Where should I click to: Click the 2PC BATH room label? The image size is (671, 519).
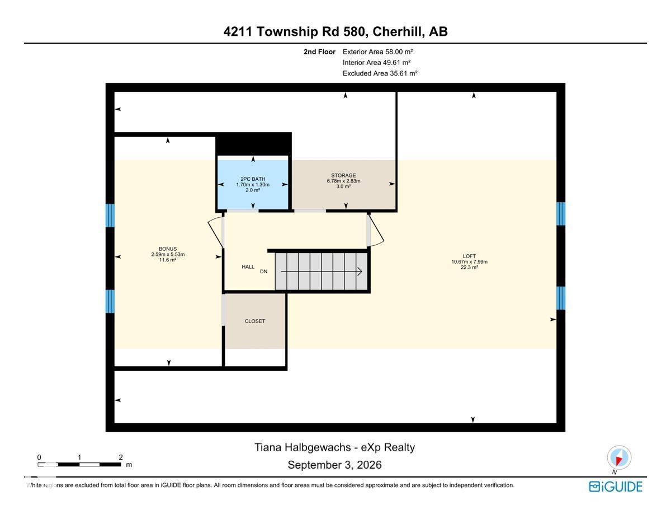253,179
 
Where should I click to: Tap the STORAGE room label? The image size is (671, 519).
343,175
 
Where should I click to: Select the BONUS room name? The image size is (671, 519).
168,249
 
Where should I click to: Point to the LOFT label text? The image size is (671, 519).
469,256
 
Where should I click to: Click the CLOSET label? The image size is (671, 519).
255,321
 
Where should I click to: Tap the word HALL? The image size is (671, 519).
248,266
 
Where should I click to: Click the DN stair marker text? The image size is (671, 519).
263,272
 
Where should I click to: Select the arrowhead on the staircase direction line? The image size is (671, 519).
360,272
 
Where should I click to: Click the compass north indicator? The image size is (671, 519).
619,458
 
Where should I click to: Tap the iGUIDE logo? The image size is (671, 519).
616,487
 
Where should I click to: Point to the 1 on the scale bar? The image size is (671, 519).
79,457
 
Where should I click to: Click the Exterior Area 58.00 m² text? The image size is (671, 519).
377,52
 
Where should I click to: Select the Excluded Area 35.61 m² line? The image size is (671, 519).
380,73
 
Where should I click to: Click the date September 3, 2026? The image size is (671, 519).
334,465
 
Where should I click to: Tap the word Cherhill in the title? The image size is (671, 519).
398,31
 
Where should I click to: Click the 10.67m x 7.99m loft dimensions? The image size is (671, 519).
469,262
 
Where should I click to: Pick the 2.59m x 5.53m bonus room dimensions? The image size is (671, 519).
168,254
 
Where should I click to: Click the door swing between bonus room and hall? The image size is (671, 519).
215,232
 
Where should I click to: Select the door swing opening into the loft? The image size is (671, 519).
376,230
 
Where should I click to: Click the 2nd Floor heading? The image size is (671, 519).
319,52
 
